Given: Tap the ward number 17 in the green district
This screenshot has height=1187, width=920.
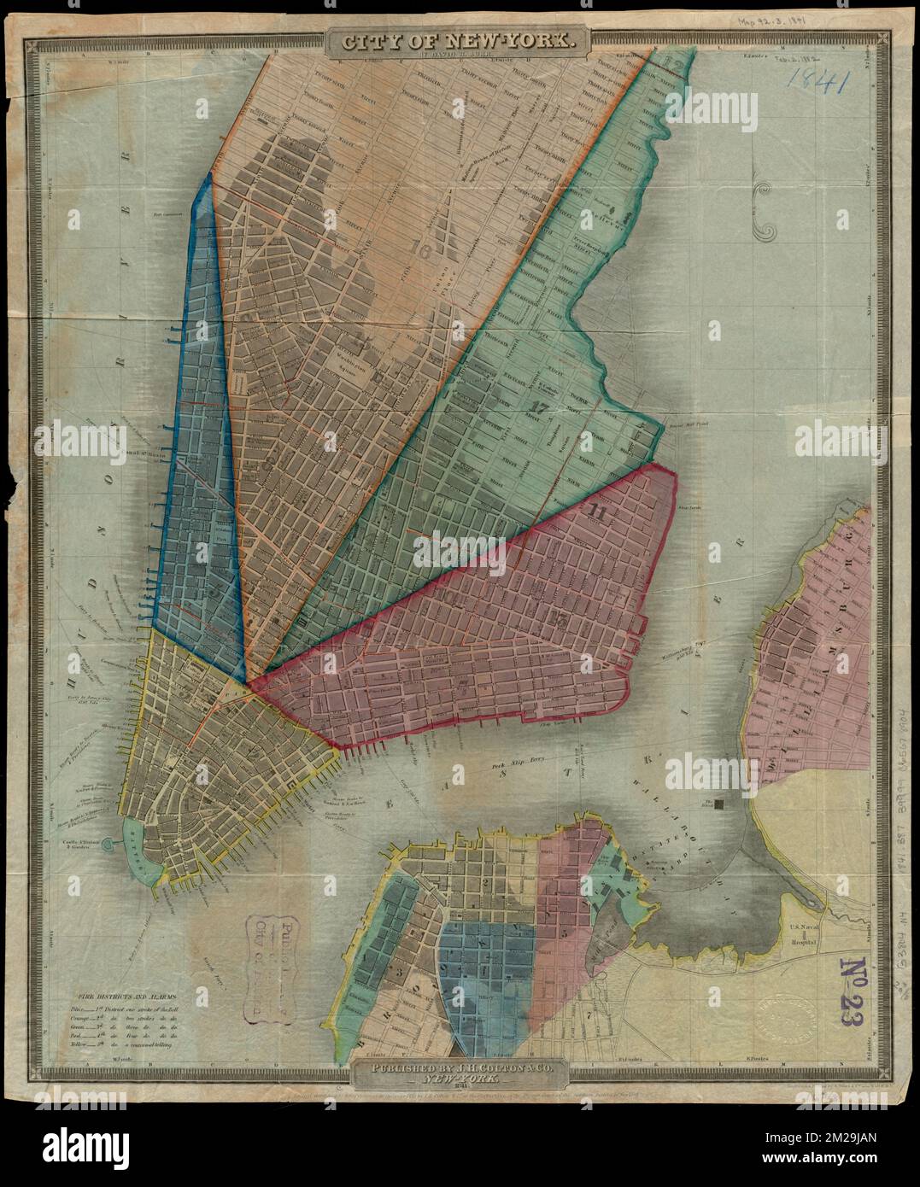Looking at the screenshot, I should click(538, 406).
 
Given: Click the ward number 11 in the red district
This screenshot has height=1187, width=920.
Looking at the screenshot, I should click(597, 513).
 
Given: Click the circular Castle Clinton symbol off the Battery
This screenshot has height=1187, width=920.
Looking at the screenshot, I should click(108, 844).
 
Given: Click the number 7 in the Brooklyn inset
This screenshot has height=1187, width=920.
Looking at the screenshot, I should click(588, 1015).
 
